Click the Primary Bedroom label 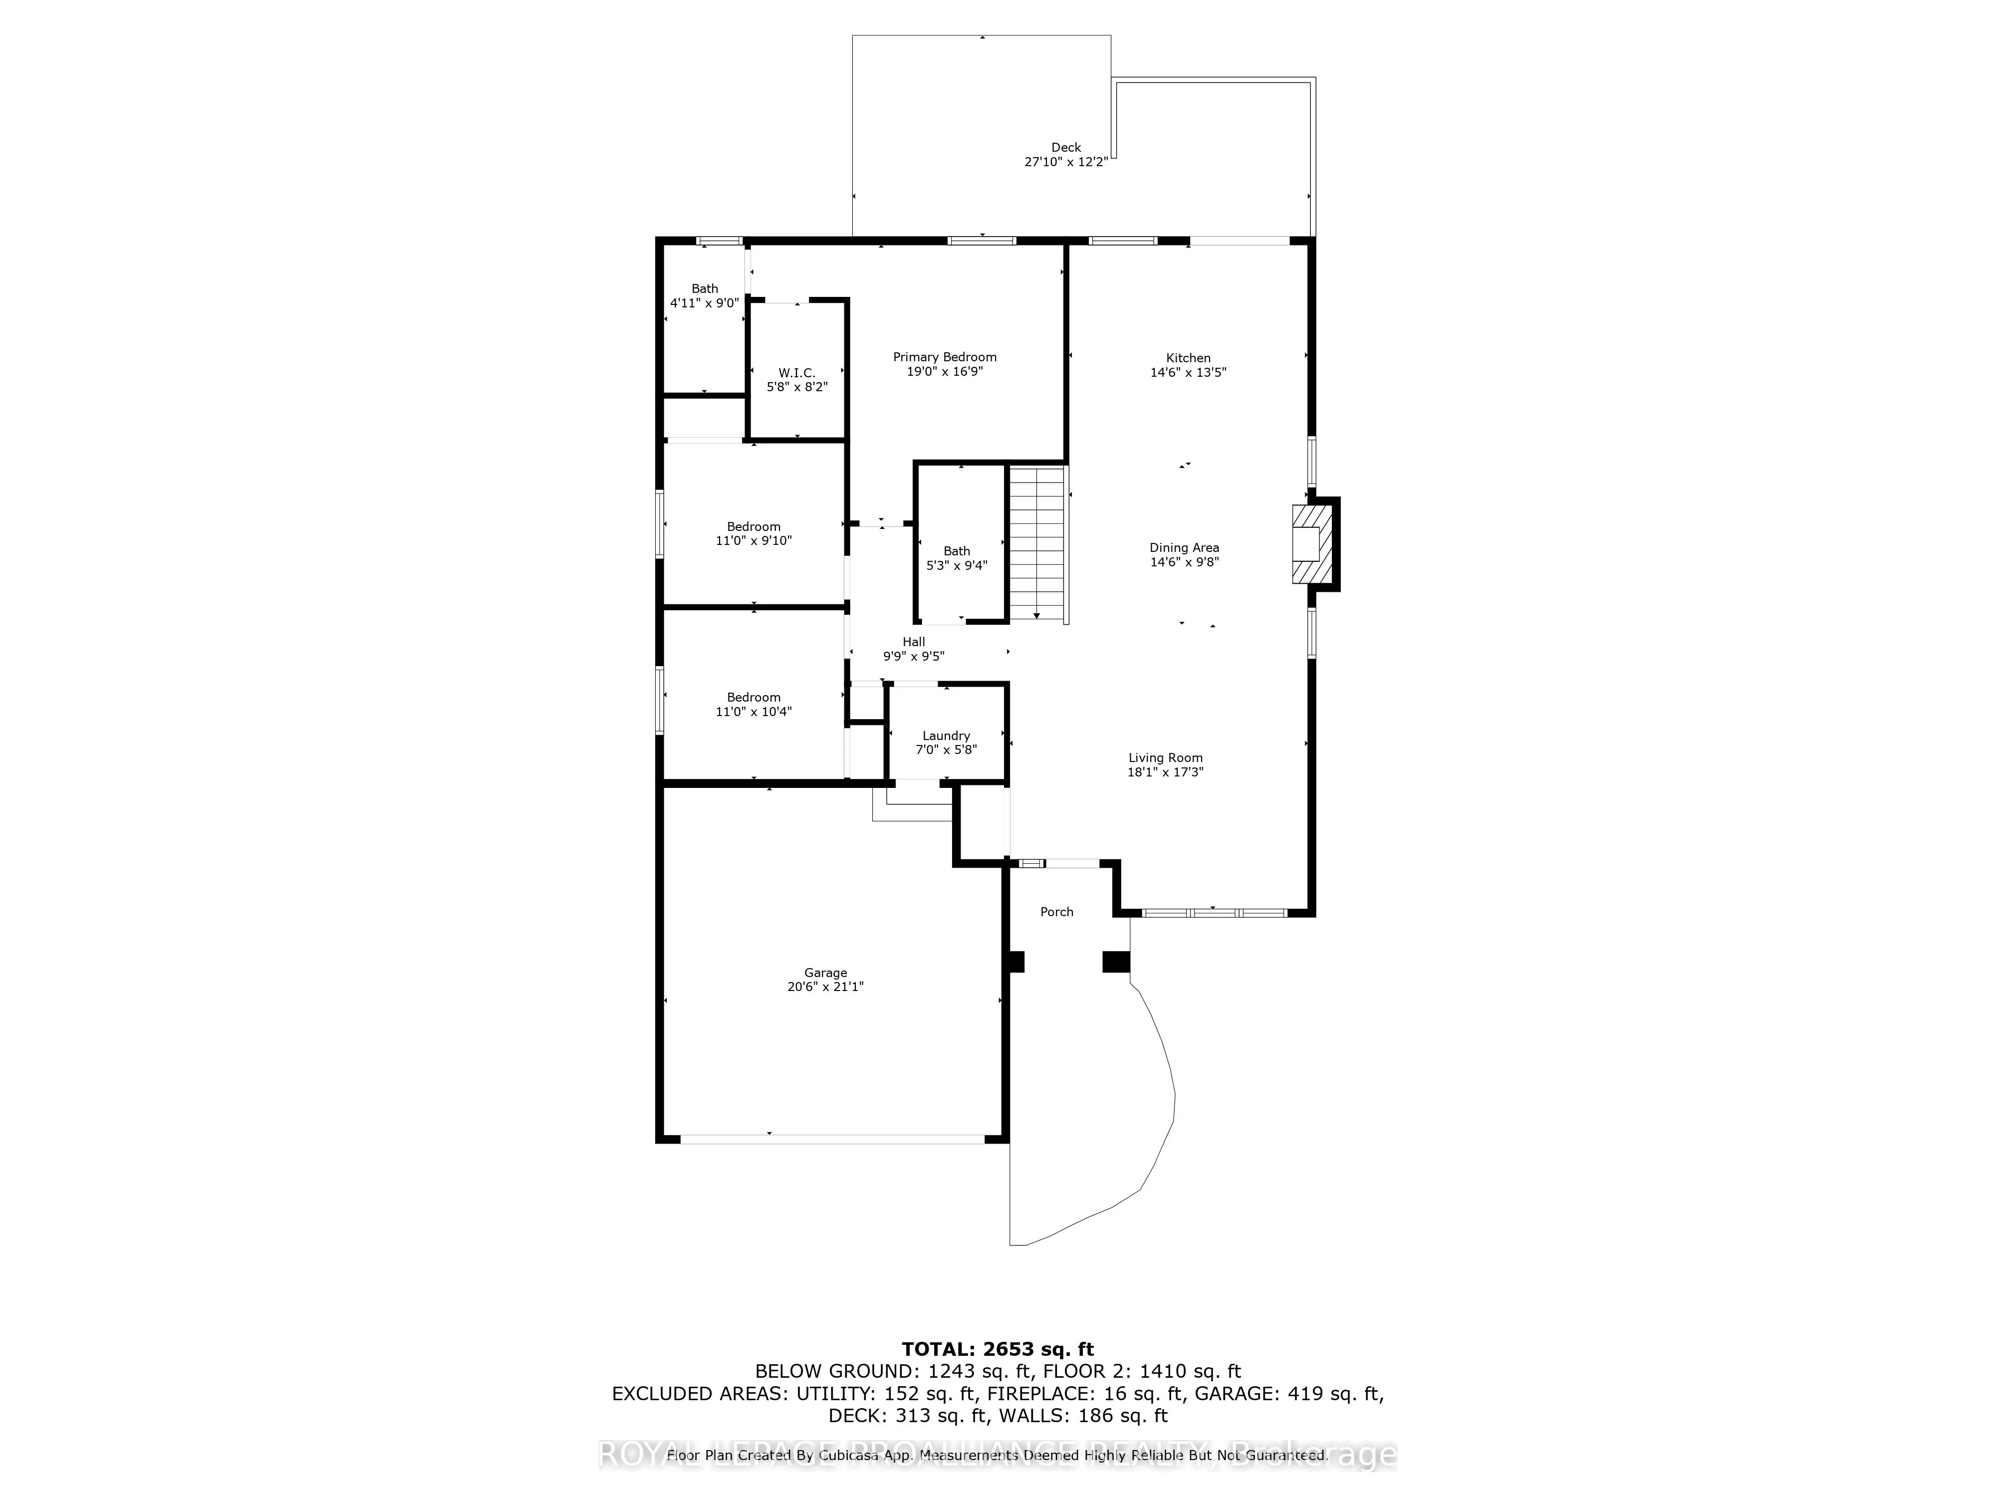(x=944, y=357)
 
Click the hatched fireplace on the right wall (x=1311, y=544)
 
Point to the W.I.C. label (x=797, y=373)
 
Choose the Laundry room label (x=946, y=736)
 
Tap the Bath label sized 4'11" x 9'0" (x=705, y=289)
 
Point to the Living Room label (x=1165, y=758)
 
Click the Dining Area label (x=1184, y=548)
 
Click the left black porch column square (x=1015, y=962)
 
